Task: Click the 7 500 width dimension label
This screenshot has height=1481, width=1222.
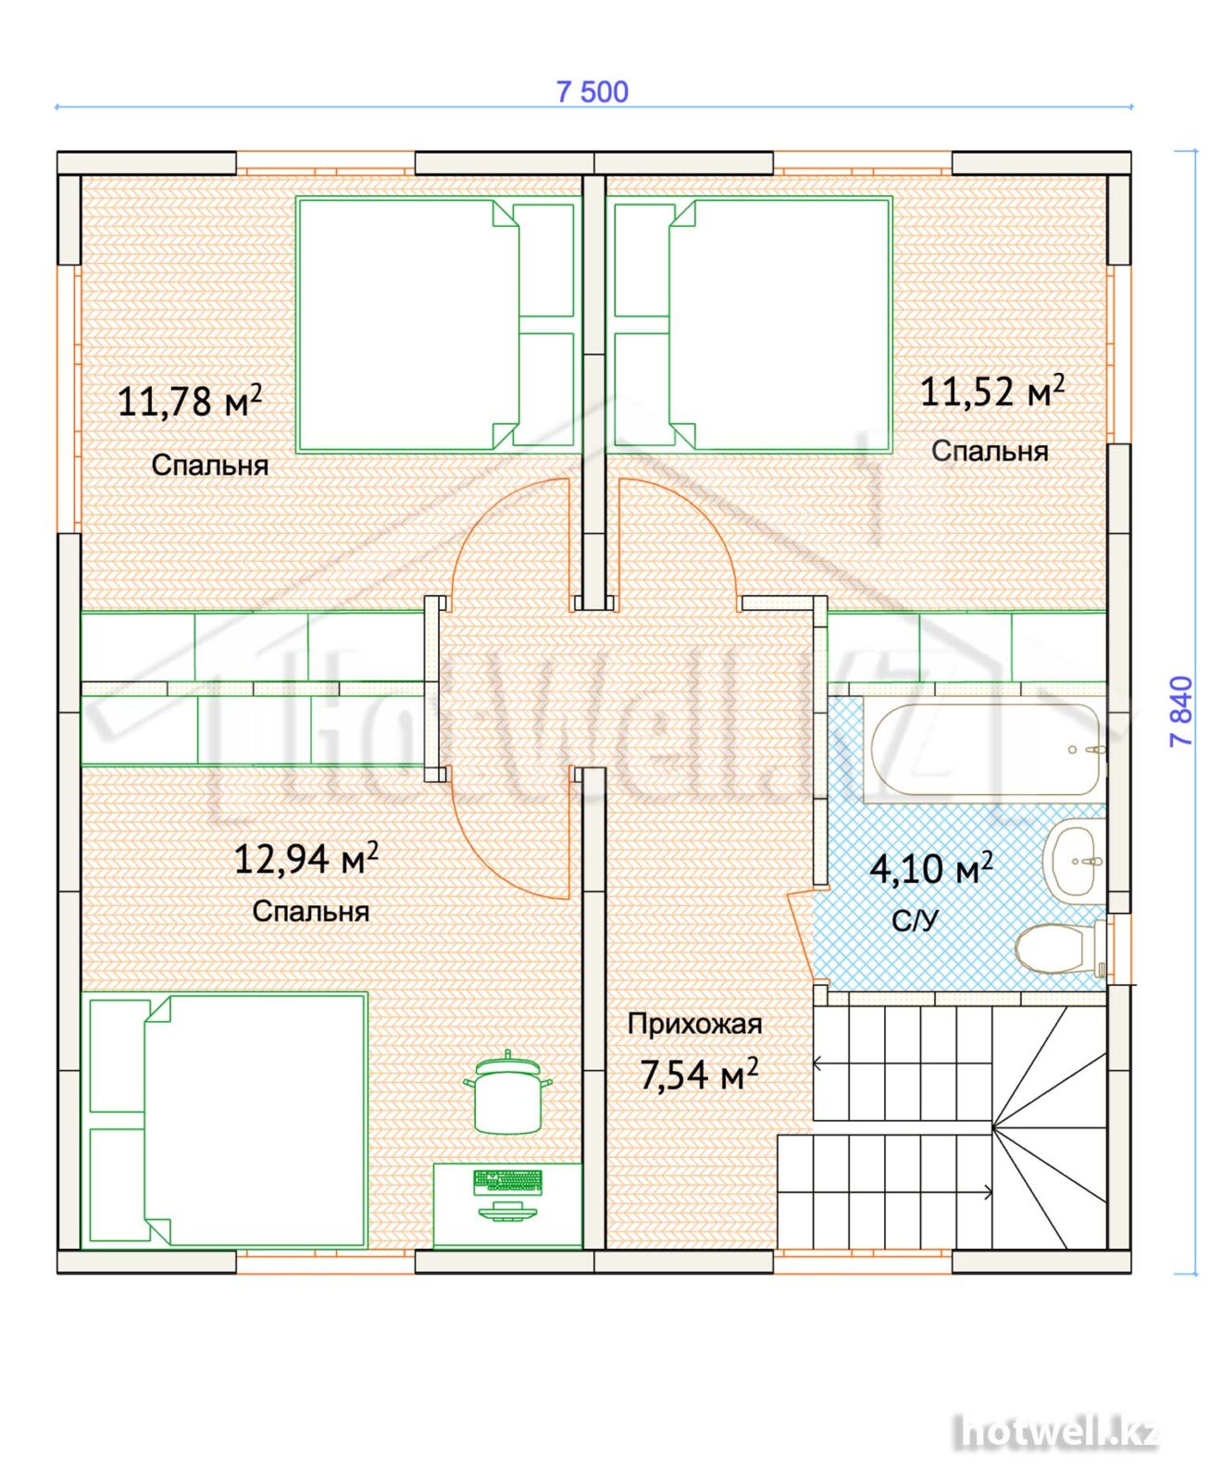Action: tap(592, 92)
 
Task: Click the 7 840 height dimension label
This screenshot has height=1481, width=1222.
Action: tap(1182, 711)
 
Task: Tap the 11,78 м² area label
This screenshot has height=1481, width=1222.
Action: tap(190, 400)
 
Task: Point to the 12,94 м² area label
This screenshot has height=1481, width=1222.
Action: tap(305, 858)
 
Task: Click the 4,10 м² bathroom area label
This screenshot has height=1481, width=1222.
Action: tap(931, 867)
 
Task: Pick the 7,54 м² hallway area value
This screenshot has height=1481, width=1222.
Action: tap(699, 1074)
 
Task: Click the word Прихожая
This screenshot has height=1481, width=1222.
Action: tap(694, 1024)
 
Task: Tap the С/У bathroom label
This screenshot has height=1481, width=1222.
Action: tap(915, 920)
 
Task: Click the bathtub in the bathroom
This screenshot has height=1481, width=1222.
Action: tap(988, 750)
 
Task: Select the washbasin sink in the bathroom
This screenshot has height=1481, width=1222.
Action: tap(1076, 861)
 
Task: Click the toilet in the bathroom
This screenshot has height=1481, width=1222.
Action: tap(1061, 947)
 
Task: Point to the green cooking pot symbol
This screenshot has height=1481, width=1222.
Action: tap(507, 1092)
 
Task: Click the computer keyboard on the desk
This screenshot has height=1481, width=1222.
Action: tap(508, 1182)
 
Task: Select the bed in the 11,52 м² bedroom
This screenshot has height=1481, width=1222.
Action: tap(750, 324)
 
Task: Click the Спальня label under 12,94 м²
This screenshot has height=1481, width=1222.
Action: tap(311, 912)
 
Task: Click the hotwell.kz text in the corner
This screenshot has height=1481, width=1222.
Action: tap(1055, 1433)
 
